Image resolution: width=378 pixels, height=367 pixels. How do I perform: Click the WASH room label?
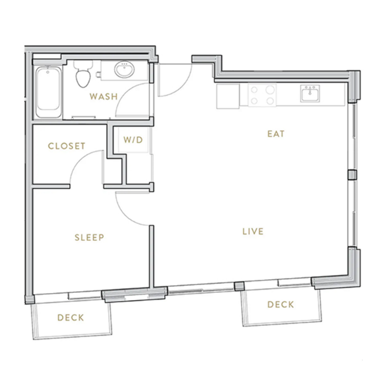click(x=103, y=96)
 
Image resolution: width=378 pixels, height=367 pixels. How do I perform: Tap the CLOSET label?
click(x=66, y=146)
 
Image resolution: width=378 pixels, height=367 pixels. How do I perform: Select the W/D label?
click(x=133, y=140)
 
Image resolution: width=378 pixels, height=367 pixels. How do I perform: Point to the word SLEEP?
click(x=89, y=237)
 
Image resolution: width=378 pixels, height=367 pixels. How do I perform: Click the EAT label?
click(x=276, y=134)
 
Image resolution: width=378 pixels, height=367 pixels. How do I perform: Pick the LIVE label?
click(x=253, y=232)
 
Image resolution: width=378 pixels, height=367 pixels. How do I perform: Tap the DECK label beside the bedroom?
click(x=71, y=318)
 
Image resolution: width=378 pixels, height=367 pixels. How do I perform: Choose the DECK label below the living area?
click(x=281, y=305)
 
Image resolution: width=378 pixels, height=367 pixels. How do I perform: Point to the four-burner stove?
click(x=262, y=95)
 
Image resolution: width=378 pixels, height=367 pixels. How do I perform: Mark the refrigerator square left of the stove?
click(x=228, y=96)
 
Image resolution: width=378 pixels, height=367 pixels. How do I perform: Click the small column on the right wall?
click(x=352, y=175)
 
